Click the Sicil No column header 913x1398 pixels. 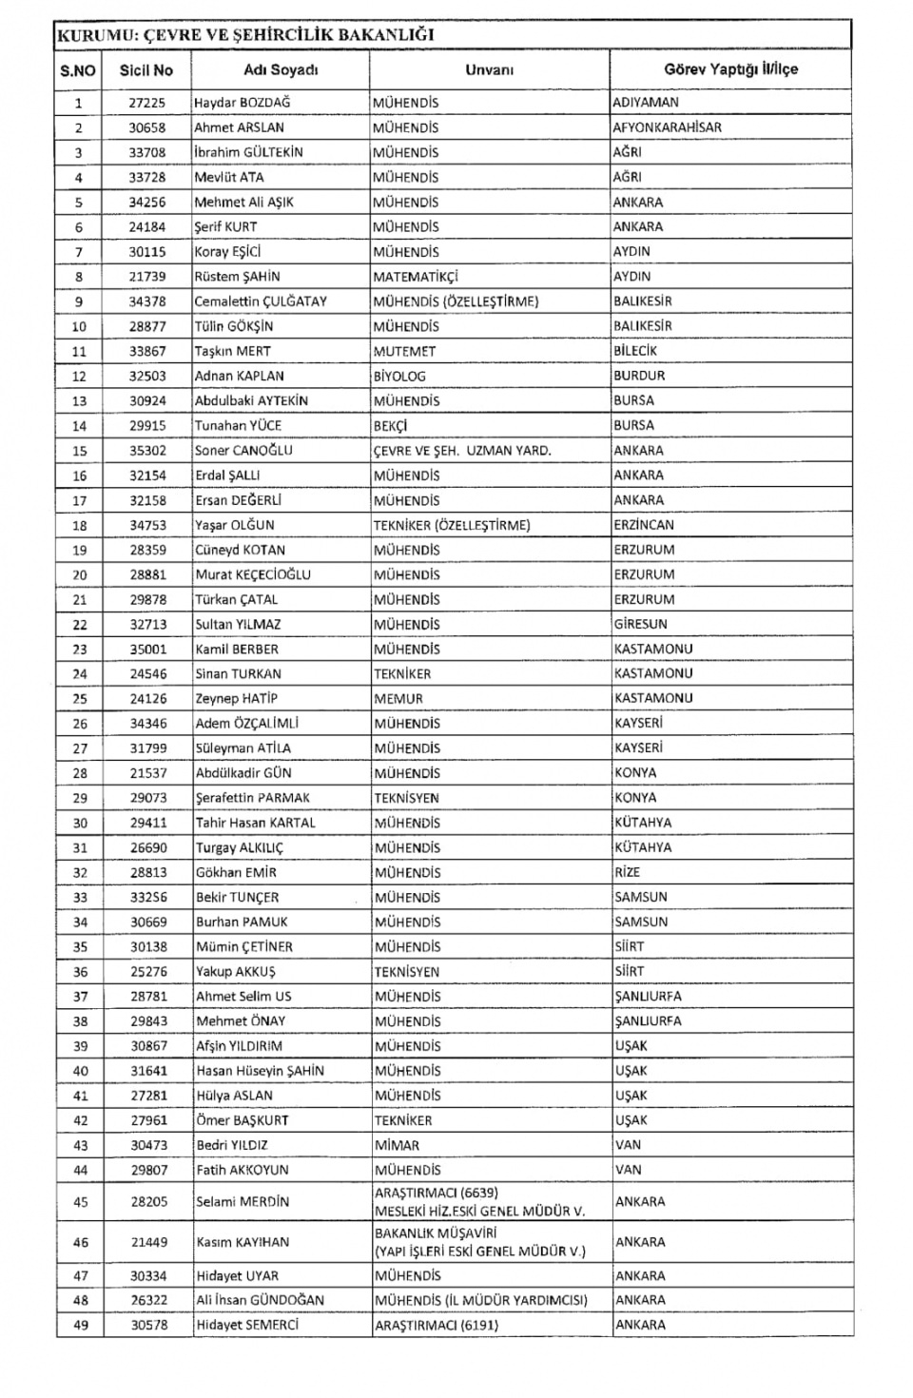[146, 70]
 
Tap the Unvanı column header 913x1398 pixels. [489, 70]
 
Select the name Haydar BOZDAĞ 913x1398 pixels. [242, 103]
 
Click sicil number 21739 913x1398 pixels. [147, 277]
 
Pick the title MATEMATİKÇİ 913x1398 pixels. [416, 277]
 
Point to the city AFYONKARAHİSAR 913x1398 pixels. [667, 127]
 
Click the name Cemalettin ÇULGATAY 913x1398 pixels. [261, 301]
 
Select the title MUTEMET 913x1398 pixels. [404, 351]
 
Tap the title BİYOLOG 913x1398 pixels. [399, 376]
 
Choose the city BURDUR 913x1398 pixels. [639, 376]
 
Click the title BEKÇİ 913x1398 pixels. [390, 426]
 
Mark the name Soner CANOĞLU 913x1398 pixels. [243, 451]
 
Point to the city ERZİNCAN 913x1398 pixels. [644, 525]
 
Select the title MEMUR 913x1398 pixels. [398, 699]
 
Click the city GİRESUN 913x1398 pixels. [640, 625]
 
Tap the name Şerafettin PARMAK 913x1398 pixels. [253, 798]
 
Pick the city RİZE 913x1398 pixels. [628, 872]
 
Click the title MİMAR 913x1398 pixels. [397, 1145]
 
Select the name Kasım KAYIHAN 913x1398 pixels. [243, 1242]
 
